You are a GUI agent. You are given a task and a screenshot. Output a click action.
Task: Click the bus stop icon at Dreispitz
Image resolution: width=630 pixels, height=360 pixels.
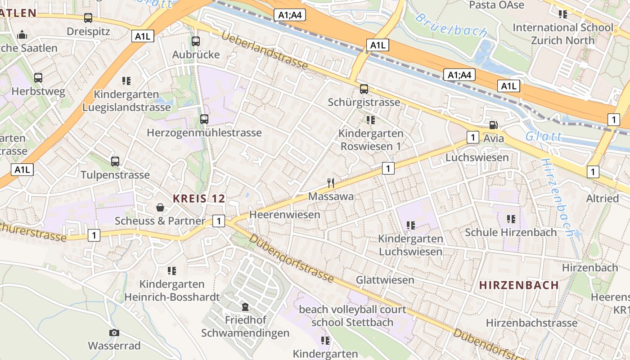[x=88, y=18]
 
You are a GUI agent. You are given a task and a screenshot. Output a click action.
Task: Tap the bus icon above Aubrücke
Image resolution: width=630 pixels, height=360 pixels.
[x=196, y=41]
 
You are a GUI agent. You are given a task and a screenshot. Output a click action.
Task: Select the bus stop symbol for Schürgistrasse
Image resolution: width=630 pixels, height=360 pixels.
[x=364, y=89]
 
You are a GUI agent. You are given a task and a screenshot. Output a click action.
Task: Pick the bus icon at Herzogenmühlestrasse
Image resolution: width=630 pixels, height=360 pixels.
[x=204, y=119]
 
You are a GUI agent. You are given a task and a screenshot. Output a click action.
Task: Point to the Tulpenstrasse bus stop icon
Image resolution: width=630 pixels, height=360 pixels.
[x=115, y=162]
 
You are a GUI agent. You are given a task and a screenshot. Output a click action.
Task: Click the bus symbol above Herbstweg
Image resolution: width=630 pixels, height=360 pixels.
[x=38, y=78]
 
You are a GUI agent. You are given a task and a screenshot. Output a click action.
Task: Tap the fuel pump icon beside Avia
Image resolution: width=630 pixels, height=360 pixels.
[x=494, y=125]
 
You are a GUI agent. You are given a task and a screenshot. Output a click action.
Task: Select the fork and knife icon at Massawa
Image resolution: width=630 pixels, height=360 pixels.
[x=331, y=183]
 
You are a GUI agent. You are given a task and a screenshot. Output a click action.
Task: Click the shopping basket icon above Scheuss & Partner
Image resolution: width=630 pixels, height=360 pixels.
[x=160, y=207]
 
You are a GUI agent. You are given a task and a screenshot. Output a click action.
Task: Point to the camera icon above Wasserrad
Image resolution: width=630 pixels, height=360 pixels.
[x=114, y=333]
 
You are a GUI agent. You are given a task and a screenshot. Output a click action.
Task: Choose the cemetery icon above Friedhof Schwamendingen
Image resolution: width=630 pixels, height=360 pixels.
[x=245, y=307]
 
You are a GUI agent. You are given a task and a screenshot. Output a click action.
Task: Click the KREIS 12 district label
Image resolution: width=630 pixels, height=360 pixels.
[x=198, y=198]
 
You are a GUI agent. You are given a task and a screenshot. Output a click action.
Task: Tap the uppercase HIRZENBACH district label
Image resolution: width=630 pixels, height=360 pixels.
[x=519, y=285]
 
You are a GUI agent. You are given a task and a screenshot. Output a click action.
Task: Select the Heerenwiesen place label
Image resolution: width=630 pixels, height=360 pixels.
[x=285, y=215]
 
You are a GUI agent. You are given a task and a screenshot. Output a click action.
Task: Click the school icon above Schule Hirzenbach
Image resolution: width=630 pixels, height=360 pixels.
[x=511, y=219]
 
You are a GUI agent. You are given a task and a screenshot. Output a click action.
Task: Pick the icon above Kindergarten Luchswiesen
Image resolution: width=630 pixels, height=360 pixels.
[x=410, y=225]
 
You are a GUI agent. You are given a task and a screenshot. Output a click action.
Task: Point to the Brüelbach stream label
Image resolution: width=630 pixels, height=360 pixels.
[x=451, y=25]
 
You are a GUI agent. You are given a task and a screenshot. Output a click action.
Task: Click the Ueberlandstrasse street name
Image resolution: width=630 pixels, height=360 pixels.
[x=265, y=50]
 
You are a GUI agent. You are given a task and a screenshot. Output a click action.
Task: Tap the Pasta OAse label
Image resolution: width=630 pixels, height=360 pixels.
[x=496, y=5]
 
